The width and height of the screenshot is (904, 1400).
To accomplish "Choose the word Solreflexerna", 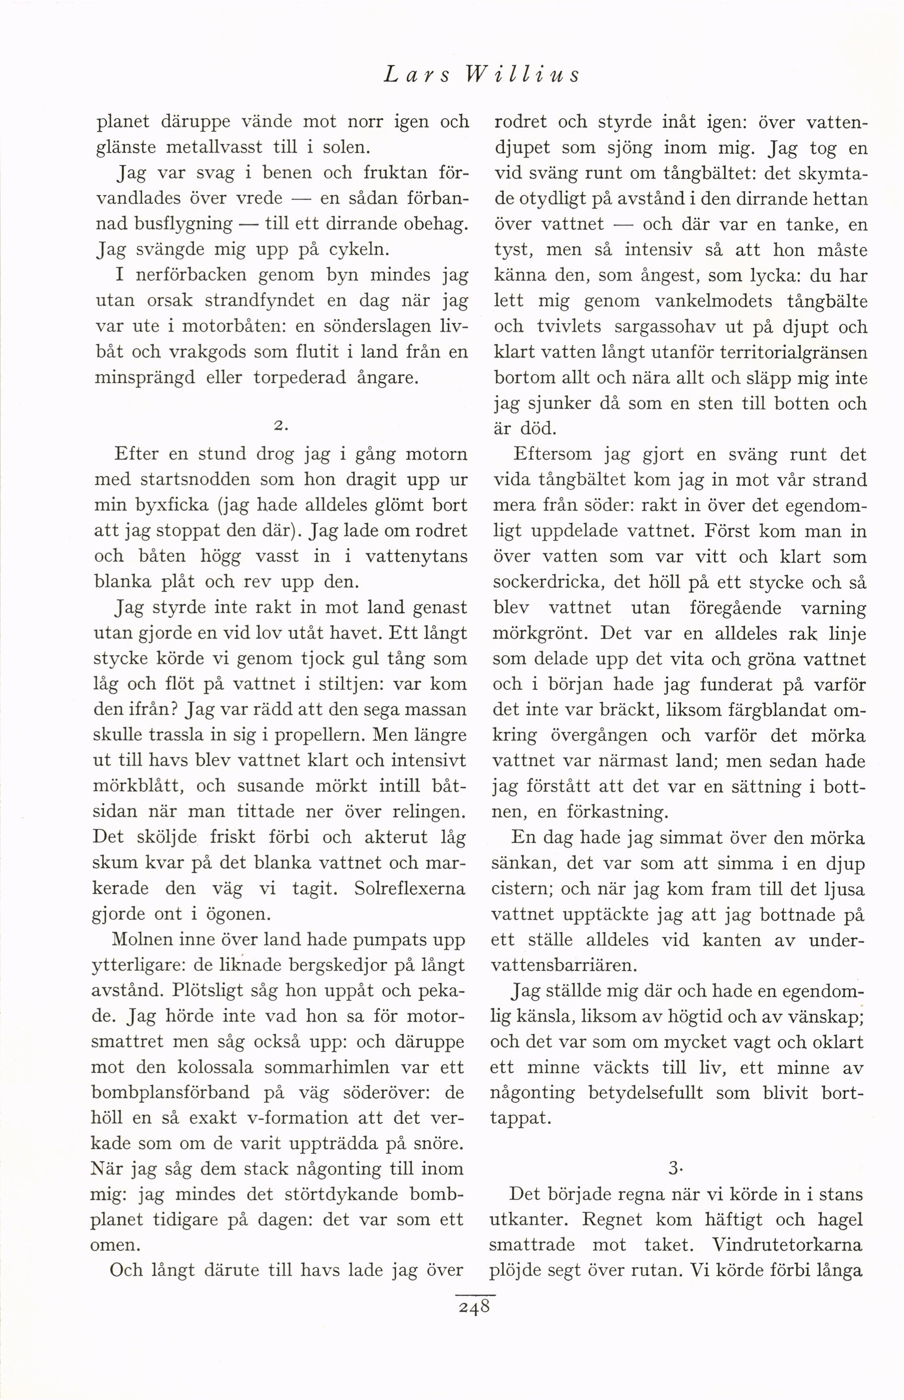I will click(410, 889).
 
